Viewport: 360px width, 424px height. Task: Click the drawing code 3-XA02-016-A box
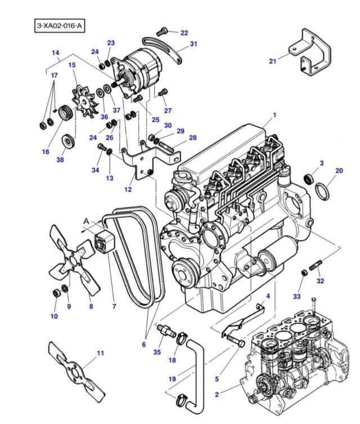point(60,26)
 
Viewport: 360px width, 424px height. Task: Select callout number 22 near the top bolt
point(184,33)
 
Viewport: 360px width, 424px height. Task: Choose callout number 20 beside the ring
point(339,171)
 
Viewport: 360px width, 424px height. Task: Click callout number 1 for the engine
point(274,115)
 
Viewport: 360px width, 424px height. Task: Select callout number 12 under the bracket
point(128,189)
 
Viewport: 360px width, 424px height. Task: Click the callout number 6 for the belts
point(143,344)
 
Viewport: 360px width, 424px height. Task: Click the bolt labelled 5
point(236,340)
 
